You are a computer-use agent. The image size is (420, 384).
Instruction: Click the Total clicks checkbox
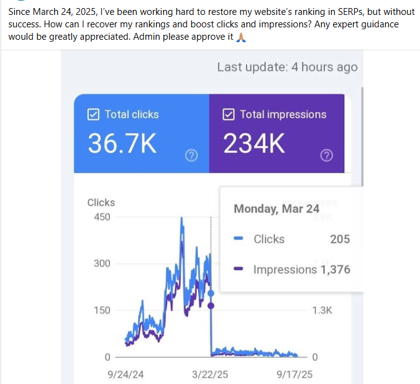click(94, 114)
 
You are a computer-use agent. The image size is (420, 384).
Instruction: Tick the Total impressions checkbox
click(229, 114)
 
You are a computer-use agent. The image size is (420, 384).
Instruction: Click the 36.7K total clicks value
click(122, 144)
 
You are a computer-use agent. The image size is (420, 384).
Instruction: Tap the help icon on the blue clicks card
click(191, 155)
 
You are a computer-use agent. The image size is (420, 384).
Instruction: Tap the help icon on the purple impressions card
click(326, 155)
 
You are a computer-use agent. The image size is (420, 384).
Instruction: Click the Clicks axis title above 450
click(101, 202)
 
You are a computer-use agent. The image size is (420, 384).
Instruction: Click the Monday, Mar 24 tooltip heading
click(276, 209)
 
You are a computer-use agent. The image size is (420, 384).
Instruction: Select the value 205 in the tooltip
click(340, 239)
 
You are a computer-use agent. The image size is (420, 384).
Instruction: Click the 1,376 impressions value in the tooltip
click(336, 270)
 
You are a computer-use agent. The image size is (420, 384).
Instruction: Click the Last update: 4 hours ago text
click(287, 67)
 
